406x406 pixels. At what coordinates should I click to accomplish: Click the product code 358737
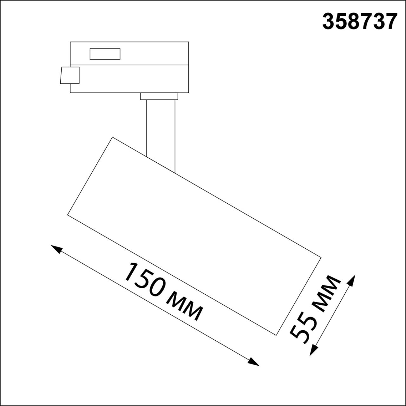click(x=360, y=22)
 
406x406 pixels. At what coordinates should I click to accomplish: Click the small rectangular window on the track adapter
click(x=105, y=54)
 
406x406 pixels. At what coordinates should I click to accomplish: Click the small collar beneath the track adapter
click(x=159, y=96)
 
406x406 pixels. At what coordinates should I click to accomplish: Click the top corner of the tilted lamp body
click(x=112, y=137)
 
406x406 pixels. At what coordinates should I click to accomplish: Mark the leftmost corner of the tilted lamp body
click(x=68, y=215)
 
